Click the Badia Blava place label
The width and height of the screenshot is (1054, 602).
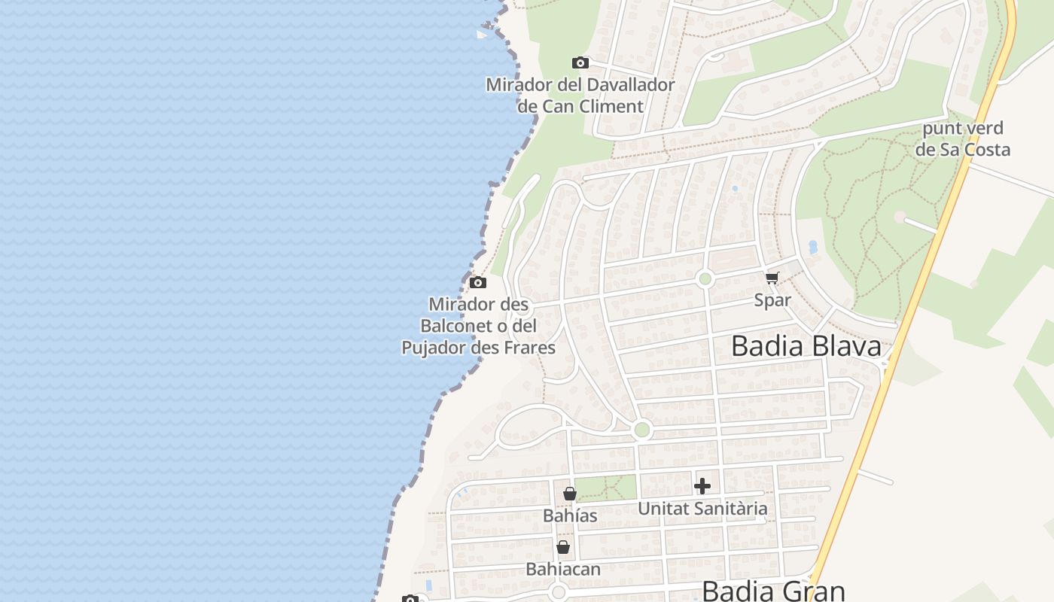click(806, 346)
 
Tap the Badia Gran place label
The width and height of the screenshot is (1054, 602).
click(774, 591)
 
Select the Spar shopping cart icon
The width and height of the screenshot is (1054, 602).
click(772, 278)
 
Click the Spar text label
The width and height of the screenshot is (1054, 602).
click(772, 300)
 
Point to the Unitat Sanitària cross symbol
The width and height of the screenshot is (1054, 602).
click(702, 486)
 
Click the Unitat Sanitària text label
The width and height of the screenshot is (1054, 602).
click(702, 509)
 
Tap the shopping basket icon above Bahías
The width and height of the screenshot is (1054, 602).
click(570, 494)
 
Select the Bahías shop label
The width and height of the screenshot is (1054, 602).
click(570, 516)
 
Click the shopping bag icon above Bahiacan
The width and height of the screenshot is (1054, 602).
click(562, 547)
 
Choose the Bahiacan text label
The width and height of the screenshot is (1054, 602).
click(563, 569)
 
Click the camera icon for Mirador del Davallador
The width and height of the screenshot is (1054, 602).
click(580, 62)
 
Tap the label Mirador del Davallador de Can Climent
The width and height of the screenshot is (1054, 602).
click(580, 96)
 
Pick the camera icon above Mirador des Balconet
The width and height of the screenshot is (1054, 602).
click(477, 283)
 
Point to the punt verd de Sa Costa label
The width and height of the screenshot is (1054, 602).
click(962, 138)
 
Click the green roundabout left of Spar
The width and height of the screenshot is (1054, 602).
click(705, 279)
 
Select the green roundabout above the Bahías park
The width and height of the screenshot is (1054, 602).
click(641, 430)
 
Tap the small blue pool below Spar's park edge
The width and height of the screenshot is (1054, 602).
click(812, 246)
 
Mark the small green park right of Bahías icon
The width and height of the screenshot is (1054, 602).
click(606, 488)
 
